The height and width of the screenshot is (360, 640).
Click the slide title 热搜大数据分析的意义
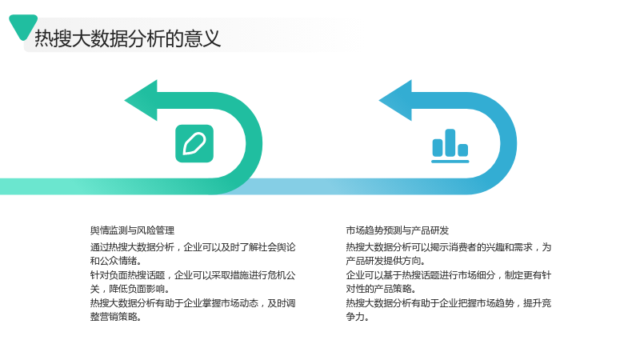[x=127, y=38]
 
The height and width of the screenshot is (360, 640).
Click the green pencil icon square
[x=194, y=144]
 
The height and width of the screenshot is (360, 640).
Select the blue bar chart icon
[x=450, y=146]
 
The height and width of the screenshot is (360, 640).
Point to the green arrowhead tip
[x=125, y=101]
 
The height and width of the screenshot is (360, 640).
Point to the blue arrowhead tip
[x=379, y=101]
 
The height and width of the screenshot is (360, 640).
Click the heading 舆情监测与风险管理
[x=132, y=230]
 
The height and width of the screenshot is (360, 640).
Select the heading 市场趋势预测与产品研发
[x=397, y=230]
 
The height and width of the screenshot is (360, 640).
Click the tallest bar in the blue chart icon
[x=450, y=143]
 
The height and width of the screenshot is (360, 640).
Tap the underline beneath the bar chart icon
[x=450, y=162]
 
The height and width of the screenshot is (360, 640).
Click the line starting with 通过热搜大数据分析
[x=193, y=247]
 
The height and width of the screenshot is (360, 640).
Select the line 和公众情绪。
[x=115, y=261]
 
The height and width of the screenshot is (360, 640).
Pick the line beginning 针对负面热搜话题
[x=193, y=275]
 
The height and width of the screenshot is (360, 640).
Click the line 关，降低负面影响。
[x=130, y=289]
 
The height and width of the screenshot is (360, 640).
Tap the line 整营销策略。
[x=115, y=317]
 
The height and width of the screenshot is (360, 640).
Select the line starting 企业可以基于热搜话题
[x=449, y=275]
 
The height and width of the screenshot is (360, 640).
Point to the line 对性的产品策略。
[x=381, y=289]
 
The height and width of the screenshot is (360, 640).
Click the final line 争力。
[x=357, y=317]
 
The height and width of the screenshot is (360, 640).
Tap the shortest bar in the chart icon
[x=463, y=150]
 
